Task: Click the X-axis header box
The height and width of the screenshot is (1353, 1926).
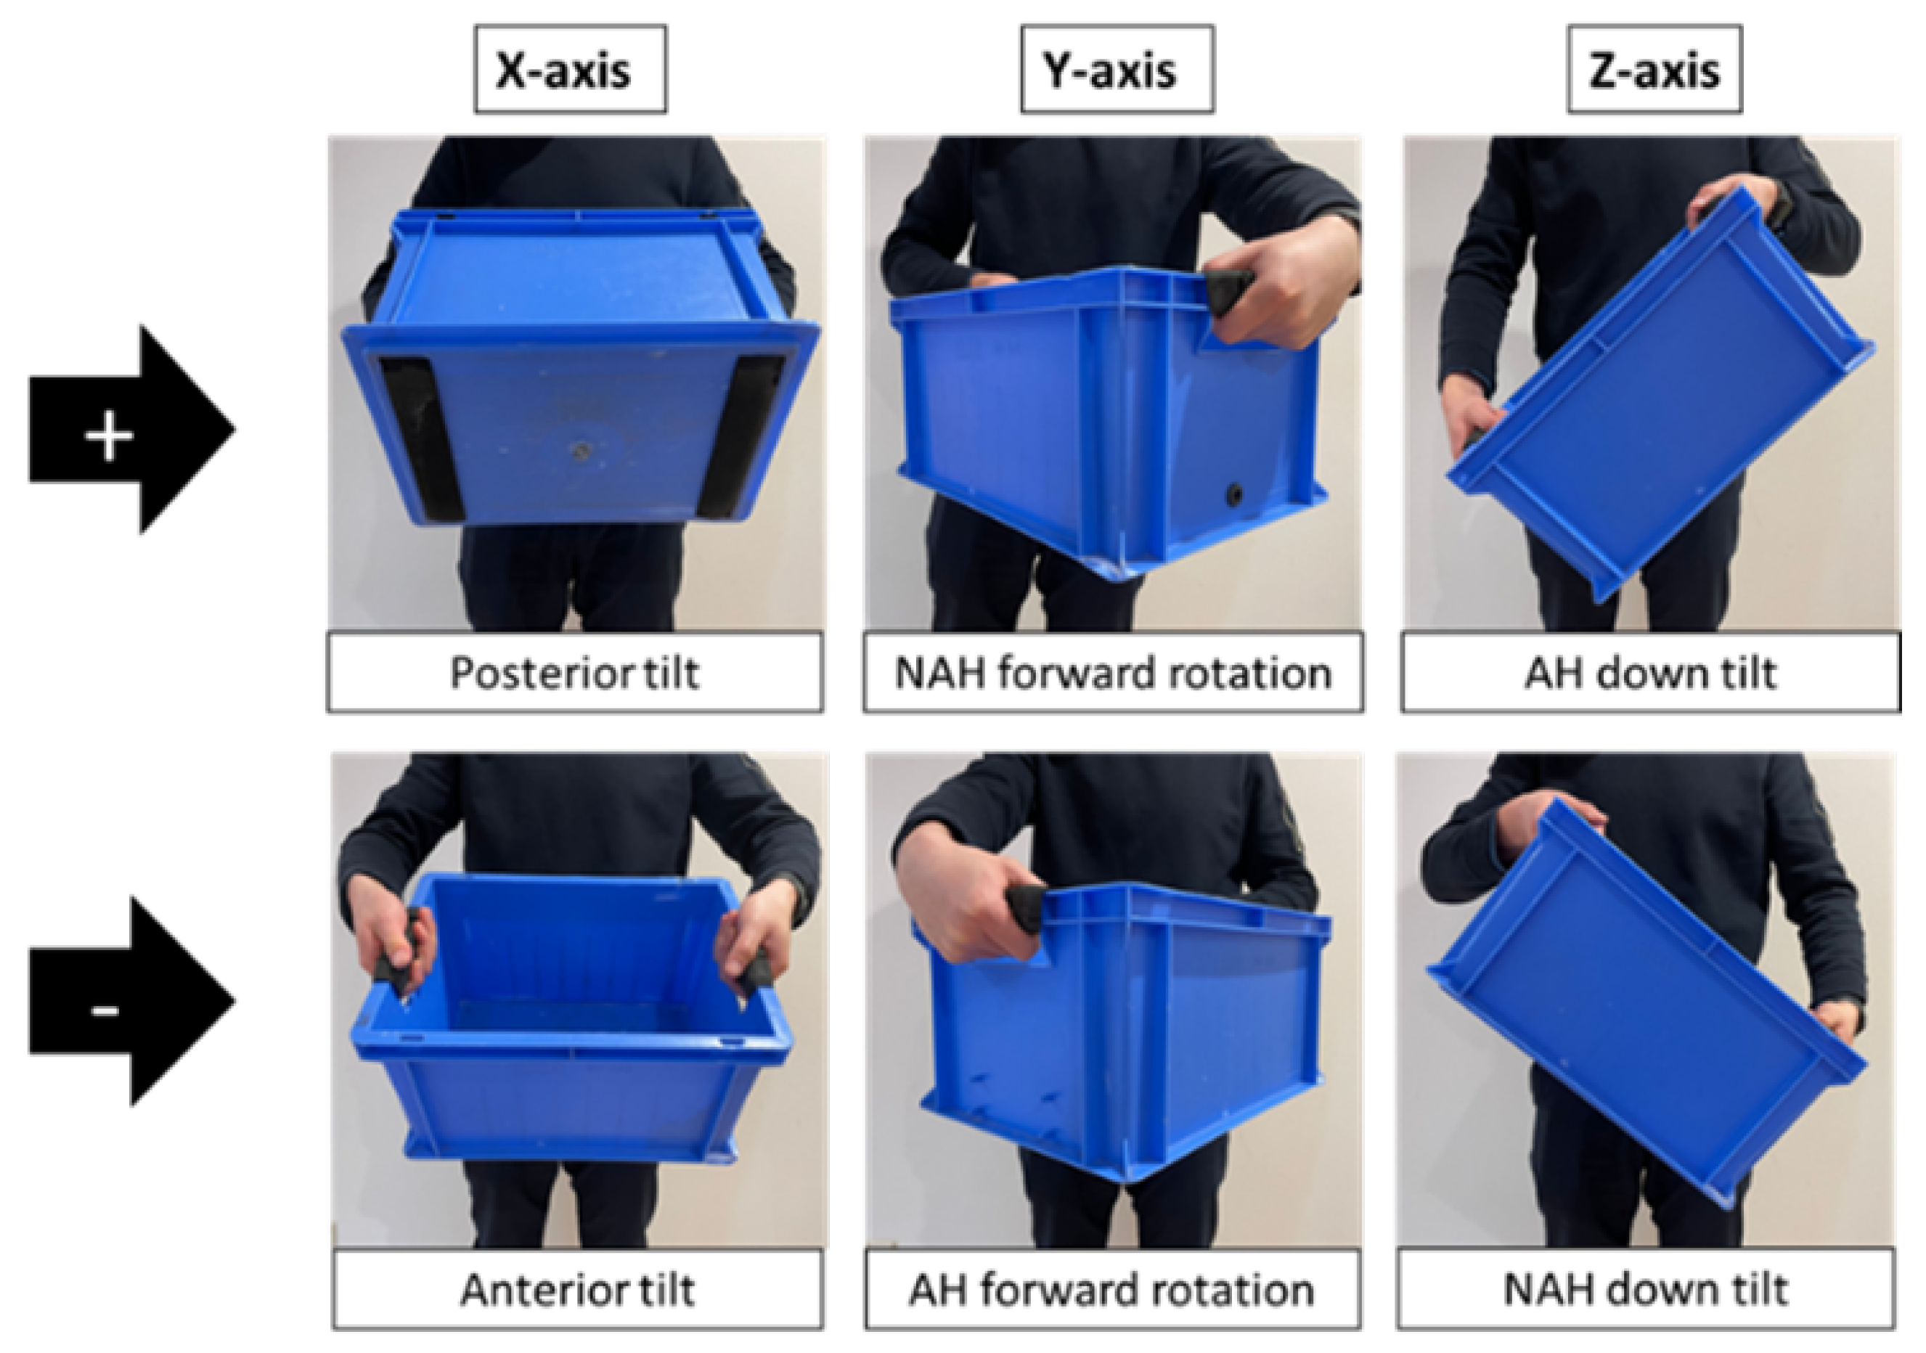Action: click(x=570, y=69)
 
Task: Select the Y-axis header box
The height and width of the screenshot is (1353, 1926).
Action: click(x=1117, y=69)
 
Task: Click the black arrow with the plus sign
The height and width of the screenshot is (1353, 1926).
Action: click(x=131, y=430)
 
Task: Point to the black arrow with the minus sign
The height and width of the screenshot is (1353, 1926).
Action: click(x=131, y=1002)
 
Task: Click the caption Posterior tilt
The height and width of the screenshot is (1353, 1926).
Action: click(x=575, y=673)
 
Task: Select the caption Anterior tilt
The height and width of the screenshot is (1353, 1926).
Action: click(x=577, y=1290)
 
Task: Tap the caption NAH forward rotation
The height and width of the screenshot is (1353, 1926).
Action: click(x=1113, y=673)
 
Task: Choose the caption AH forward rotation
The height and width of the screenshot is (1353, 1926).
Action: click(x=1111, y=1290)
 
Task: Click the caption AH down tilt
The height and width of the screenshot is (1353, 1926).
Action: click(x=1650, y=673)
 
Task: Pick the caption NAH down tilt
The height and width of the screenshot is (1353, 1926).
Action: click(x=1646, y=1290)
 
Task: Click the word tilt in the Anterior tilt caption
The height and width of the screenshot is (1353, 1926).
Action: click(x=663, y=1290)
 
